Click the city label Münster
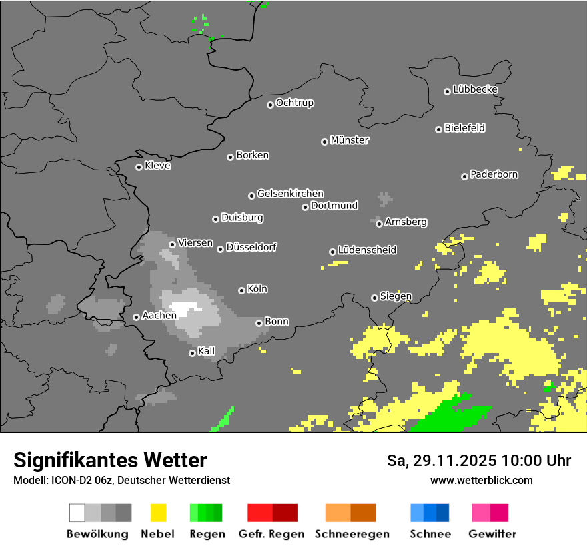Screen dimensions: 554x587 pyautogui.click(x=350, y=140)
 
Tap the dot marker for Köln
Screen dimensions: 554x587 pyautogui.click(x=241, y=290)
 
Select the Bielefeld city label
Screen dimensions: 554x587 pyautogui.click(x=464, y=128)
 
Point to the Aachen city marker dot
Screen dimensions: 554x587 pyautogui.click(x=136, y=317)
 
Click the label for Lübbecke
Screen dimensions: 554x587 pyautogui.click(x=475, y=89)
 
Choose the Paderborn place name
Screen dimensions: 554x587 pyautogui.click(x=494, y=174)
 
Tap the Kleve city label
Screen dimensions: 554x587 pyautogui.click(x=157, y=166)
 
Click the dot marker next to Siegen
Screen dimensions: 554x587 pyautogui.click(x=374, y=298)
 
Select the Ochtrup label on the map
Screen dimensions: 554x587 pyautogui.click(x=294, y=103)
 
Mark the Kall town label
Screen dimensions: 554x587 pyautogui.click(x=206, y=351)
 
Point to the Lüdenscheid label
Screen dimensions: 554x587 pyautogui.click(x=367, y=250)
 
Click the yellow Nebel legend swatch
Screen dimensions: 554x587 pyautogui.click(x=158, y=513)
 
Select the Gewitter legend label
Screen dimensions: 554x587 pyautogui.click(x=492, y=534)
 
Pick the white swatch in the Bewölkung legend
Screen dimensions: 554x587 pyautogui.click(x=77, y=513)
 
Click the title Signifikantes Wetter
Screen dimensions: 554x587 pyautogui.click(x=110, y=460)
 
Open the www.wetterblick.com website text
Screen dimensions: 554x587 pyautogui.click(x=481, y=480)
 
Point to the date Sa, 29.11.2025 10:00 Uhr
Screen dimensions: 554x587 pyautogui.click(x=478, y=461)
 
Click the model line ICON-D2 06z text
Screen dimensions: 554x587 pyautogui.click(x=121, y=480)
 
